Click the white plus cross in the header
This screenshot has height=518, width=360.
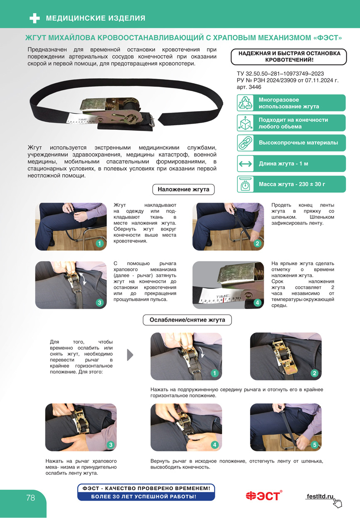[x=35, y=18]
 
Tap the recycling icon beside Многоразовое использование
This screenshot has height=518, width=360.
[x=245, y=103]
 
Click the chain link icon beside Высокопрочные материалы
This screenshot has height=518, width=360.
[x=245, y=143]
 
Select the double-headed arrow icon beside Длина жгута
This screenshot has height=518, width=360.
[x=245, y=164]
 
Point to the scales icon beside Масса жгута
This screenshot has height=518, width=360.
[x=245, y=184]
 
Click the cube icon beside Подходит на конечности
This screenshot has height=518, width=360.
[x=245, y=123]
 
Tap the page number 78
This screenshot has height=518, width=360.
[x=30, y=498]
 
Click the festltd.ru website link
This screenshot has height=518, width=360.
[x=320, y=496]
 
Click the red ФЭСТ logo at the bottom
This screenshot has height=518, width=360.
[x=264, y=496]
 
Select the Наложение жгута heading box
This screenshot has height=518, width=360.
[x=183, y=189]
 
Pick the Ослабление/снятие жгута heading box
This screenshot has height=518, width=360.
[x=187, y=320]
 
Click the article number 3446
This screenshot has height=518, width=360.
[x=255, y=87]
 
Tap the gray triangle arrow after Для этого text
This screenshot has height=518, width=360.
[x=130, y=355]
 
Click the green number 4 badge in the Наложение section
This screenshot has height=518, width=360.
[x=257, y=302]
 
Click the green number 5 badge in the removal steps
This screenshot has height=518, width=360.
[x=314, y=444]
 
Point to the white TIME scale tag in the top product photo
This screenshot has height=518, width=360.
[x=81, y=119]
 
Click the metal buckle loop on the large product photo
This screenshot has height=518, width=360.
[x=151, y=120]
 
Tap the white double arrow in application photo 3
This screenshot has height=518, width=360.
[x=83, y=279]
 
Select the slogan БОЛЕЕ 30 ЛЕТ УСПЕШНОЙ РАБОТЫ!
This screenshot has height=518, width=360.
[x=143, y=496]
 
